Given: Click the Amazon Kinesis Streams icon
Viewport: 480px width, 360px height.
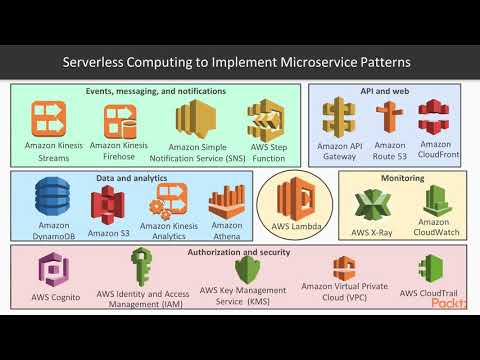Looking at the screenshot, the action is pyautogui.click(x=52, y=119).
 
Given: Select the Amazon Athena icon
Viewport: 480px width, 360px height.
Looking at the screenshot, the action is pyautogui.click(x=227, y=203).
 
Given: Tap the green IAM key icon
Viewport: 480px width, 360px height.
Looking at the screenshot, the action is pyautogui.click(x=141, y=268).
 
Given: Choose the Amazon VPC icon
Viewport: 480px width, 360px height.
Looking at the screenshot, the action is pyautogui.click(x=344, y=268).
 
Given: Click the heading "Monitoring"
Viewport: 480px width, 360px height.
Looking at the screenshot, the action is pyautogui.click(x=403, y=178).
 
